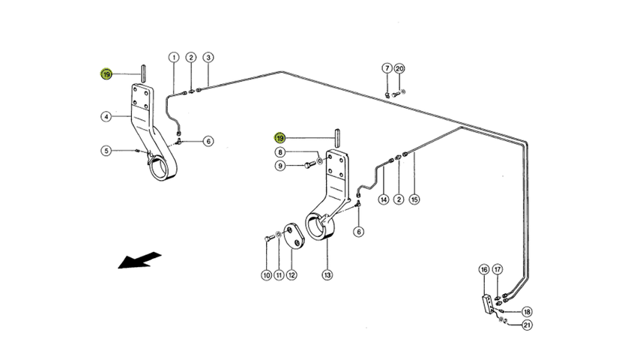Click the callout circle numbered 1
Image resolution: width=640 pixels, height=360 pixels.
pos(173,58)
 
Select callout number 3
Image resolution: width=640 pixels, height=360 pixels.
pos(208,58)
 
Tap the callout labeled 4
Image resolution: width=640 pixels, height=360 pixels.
pos(107,116)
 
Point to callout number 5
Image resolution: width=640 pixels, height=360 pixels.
pos(107,151)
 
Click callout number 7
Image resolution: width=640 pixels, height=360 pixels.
pos(387,68)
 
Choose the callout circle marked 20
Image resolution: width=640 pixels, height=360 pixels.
pos(399,68)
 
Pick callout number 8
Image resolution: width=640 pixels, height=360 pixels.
pos(280,152)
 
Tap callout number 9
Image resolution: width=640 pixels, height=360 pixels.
pos(280,165)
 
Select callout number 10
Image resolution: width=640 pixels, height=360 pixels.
pos(266,275)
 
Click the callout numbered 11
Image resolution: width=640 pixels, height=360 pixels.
pos(279,275)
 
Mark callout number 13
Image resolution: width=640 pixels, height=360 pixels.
pos(327,275)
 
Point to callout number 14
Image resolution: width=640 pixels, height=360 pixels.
pos(384,199)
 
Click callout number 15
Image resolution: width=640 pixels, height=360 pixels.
pos(414,199)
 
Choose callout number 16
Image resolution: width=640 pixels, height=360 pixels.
pos(484,268)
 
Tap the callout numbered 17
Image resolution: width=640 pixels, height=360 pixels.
pos(498,268)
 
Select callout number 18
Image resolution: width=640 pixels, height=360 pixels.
pos(527,311)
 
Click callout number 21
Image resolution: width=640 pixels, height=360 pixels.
pos(527,325)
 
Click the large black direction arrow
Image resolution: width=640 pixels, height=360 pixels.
pos(139,259)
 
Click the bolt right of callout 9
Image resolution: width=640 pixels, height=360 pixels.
pos(307,165)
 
